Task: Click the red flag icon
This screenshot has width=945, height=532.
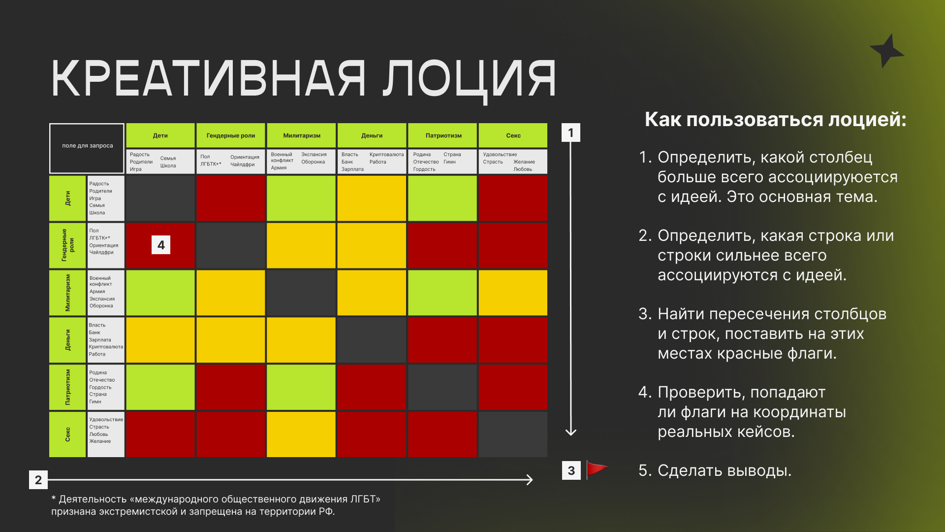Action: [x=597, y=470]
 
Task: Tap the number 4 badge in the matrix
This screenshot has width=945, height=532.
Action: [x=161, y=245]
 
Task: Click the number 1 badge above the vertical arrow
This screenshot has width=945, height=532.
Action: [x=571, y=133]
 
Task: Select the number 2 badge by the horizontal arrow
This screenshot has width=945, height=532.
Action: [x=38, y=480]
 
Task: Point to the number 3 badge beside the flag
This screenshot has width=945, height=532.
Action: [x=571, y=470]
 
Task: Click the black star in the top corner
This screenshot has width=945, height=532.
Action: [x=887, y=51]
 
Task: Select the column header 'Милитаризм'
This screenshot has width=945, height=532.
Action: [x=301, y=135]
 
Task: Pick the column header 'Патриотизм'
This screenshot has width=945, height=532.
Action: [x=443, y=135]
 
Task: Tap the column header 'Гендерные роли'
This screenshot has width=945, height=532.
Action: [x=230, y=135]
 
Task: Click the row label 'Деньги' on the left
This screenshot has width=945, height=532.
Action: [x=67, y=340]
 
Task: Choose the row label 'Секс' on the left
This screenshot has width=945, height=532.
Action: [x=67, y=434]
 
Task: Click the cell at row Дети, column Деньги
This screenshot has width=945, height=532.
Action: [x=372, y=199]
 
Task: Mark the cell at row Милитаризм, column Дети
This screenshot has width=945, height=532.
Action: [x=160, y=293]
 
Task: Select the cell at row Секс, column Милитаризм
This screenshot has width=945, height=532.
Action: [x=301, y=434]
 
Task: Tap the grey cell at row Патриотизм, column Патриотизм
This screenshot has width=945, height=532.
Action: [x=442, y=387]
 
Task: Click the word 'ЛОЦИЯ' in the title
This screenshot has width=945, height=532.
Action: [x=470, y=79]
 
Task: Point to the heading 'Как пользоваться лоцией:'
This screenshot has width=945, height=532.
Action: [x=775, y=120]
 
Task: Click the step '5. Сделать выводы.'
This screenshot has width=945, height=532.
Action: [x=715, y=470]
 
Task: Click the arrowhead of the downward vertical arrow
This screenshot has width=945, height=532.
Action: [x=571, y=432]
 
